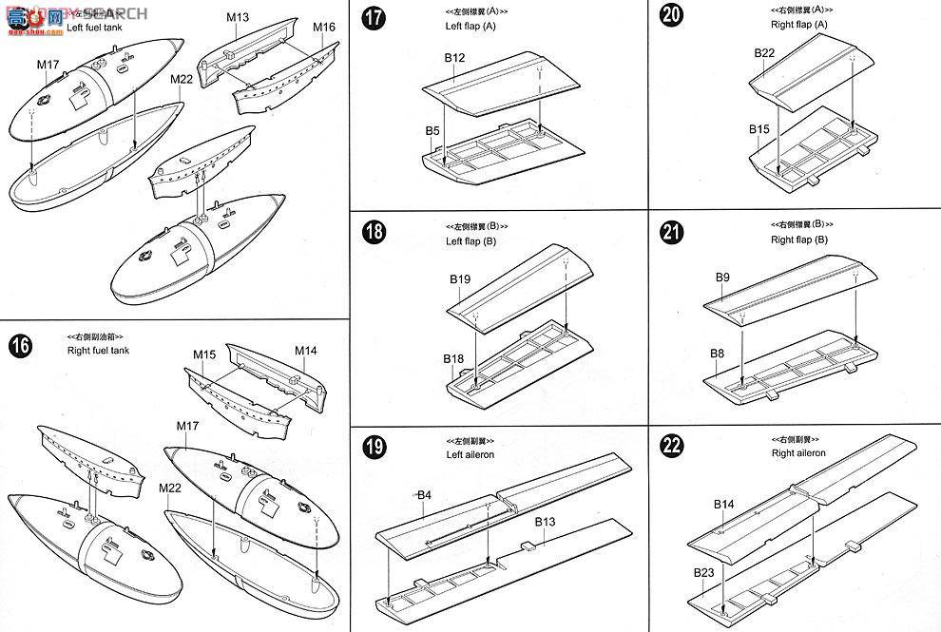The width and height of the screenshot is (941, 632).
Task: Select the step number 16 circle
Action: (20, 346)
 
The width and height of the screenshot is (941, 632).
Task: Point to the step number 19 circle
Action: (375, 447)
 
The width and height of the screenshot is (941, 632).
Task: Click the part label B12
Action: (454, 59)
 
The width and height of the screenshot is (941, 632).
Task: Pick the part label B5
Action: (432, 129)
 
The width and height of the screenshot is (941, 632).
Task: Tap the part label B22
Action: (765, 53)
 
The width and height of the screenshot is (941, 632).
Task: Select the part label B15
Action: (759, 129)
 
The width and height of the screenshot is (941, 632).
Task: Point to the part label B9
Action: (721, 277)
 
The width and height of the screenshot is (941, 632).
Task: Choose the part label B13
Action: (545, 522)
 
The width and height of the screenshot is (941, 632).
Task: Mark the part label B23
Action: (704, 572)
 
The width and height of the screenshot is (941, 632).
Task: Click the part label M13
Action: (238, 17)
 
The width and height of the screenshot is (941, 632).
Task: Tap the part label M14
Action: (305, 351)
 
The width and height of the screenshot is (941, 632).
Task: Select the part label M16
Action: (324, 27)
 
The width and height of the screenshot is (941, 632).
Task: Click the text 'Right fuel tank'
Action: (99, 351)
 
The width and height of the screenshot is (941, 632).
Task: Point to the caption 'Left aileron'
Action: (470, 454)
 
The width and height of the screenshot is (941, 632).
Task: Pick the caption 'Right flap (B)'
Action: (798, 239)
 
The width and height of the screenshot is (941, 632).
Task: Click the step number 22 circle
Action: (674, 447)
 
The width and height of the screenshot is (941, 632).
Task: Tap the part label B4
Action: (424, 495)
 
